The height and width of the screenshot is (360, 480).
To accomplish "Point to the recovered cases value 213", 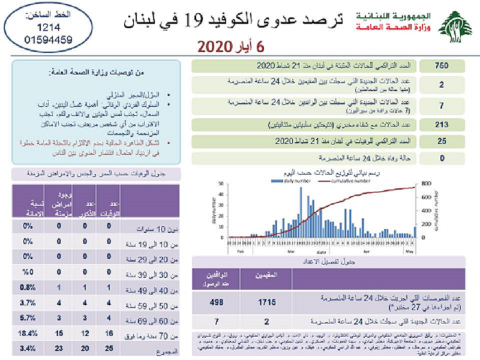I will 442,124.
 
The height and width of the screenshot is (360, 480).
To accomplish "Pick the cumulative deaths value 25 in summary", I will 442,142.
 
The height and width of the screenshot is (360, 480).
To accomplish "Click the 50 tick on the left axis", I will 221,184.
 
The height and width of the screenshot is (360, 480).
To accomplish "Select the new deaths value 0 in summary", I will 442,158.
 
